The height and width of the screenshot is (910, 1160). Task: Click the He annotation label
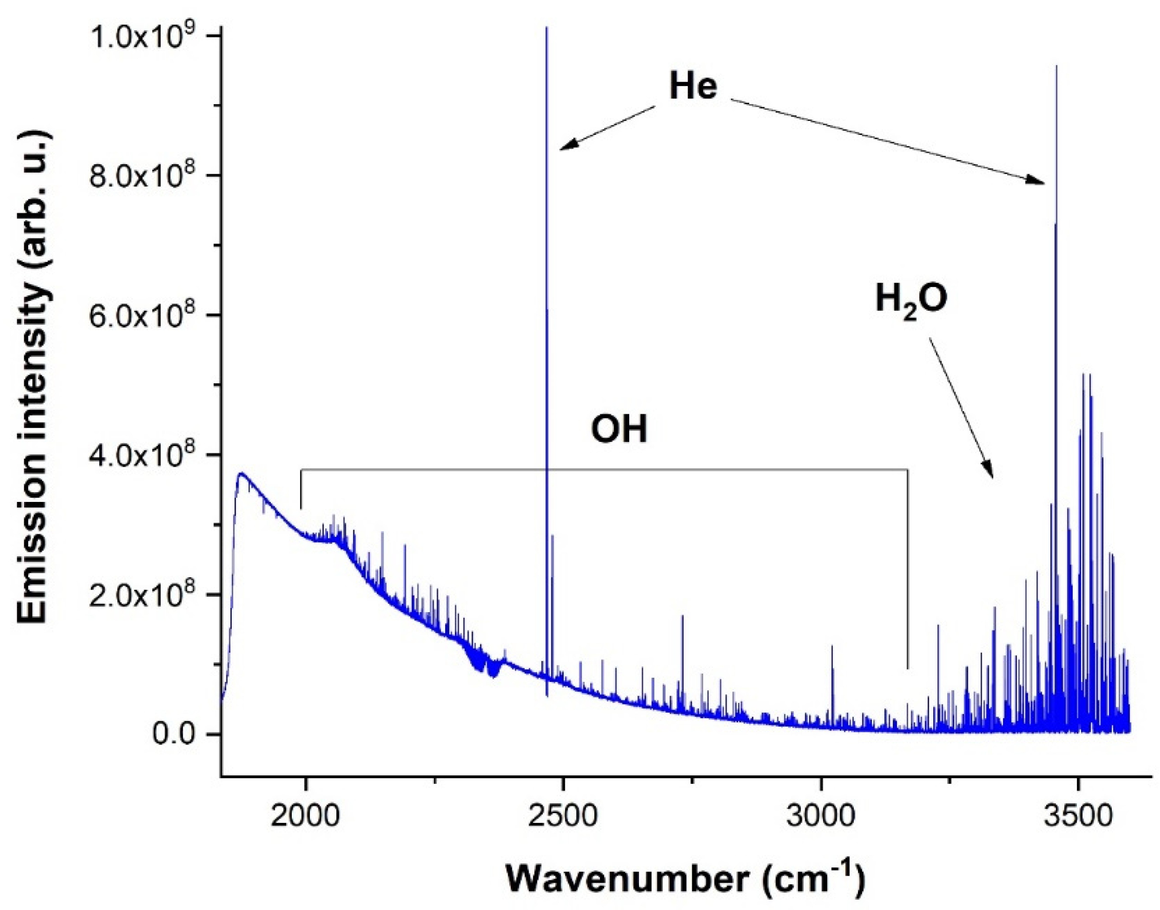693,86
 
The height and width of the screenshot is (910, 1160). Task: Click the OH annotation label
618,429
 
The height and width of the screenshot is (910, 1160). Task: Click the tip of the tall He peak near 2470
547,28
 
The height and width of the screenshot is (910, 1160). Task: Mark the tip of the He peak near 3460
1056,67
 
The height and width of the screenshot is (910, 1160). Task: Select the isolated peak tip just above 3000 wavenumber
832,646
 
